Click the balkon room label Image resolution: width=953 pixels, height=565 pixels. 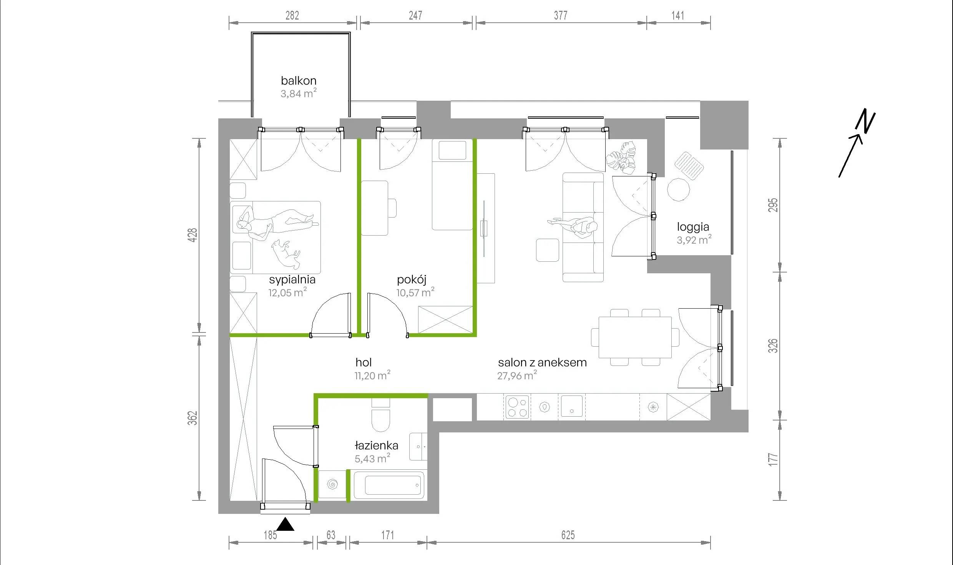(299, 81)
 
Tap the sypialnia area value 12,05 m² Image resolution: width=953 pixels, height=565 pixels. (287, 292)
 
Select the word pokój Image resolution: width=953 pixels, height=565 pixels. (412, 280)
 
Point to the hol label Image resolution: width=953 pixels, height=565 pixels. (364, 362)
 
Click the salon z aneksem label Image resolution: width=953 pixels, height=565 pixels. (542, 362)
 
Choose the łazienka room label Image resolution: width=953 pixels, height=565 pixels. (376, 445)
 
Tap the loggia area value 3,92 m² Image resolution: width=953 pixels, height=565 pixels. (694, 240)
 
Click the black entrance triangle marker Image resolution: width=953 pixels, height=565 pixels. (285, 524)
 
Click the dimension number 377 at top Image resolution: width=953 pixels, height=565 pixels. (561, 15)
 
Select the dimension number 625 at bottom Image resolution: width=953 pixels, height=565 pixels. (568, 535)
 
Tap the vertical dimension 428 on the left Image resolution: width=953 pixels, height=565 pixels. (193, 235)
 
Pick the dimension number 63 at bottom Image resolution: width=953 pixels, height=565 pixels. (331, 535)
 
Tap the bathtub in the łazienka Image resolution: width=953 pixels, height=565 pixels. (389, 485)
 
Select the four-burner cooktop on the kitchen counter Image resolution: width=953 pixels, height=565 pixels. (516, 407)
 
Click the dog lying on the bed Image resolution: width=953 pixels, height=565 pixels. (286, 254)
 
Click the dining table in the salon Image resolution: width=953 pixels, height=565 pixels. (635, 337)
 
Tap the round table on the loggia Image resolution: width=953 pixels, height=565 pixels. (679, 189)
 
